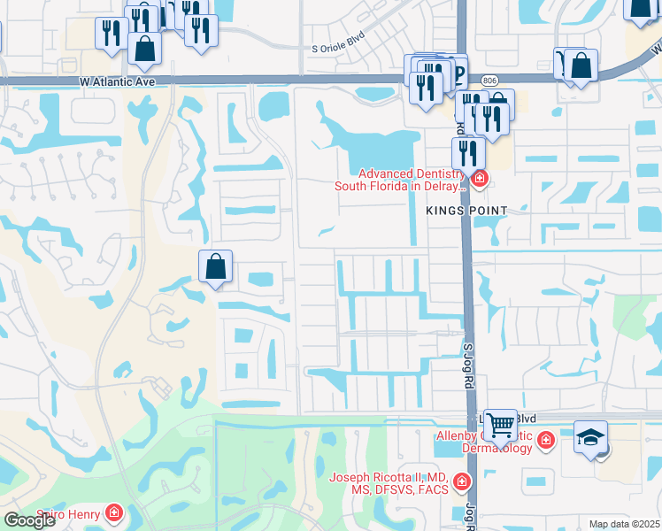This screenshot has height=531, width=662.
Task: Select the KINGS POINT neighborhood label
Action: [466, 211]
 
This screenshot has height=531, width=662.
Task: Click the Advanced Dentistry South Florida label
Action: [399, 180]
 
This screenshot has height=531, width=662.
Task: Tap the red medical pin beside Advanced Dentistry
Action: [480, 180]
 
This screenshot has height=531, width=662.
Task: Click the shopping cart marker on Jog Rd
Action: [500, 426]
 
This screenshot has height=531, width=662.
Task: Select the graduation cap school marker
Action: [590, 437]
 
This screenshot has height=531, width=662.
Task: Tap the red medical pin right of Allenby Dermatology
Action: [546, 439]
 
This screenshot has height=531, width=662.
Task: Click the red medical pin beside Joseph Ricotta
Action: [461, 482]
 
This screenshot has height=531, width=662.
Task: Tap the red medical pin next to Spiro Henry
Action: [113, 512]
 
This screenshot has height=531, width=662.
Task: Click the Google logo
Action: [29, 520]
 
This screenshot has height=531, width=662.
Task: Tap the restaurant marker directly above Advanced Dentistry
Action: [468, 152]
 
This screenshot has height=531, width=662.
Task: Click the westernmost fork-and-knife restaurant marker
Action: [112, 34]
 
